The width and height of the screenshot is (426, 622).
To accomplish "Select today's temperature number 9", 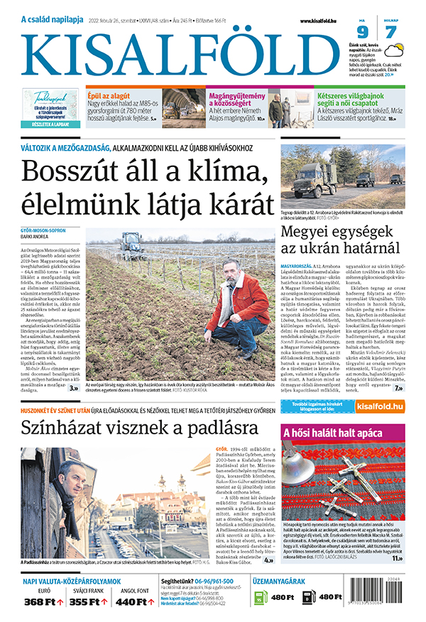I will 362,33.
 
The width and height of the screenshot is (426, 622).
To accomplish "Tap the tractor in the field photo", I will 130,243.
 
